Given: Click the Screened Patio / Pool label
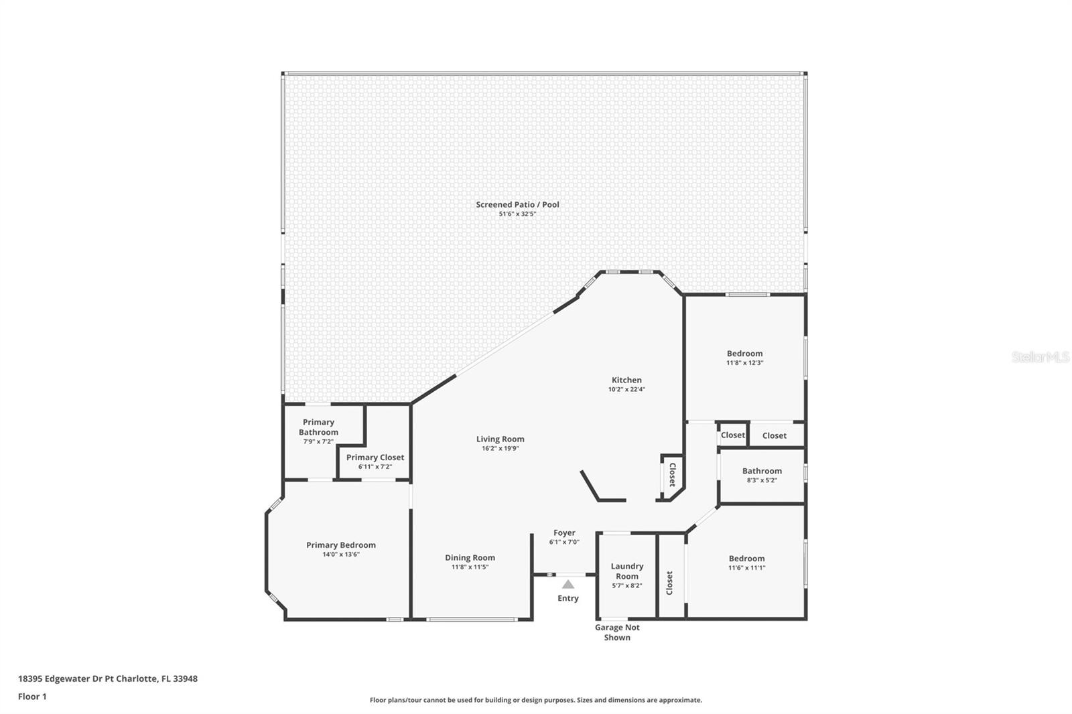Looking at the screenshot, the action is (517, 204).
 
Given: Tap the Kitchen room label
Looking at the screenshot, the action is (626, 380).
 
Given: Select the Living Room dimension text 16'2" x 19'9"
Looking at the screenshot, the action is (500, 448).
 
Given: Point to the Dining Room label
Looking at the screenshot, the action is (470, 557).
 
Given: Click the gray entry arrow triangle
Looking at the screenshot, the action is (568, 584).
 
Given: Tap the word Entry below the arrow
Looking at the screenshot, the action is (568, 598).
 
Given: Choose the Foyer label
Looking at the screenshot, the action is (564, 532).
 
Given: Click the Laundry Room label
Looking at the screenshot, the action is (627, 571).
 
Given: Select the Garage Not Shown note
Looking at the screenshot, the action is (617, 632).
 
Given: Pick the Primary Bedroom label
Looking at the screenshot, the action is (341, 545).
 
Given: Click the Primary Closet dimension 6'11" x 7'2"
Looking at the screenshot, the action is (375, 467).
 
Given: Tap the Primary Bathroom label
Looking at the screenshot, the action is (318, 427).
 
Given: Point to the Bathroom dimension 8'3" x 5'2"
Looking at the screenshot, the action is (762, 480).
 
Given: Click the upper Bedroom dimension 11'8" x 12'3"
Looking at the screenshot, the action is (744, 363).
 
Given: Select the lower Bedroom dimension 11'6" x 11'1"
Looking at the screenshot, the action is (746, 568).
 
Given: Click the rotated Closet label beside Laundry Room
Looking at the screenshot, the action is (669, 583).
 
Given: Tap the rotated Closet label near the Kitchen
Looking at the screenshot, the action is (672, 475).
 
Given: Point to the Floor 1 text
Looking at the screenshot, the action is (33, 697).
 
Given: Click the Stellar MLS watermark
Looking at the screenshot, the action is (1041, 356).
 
